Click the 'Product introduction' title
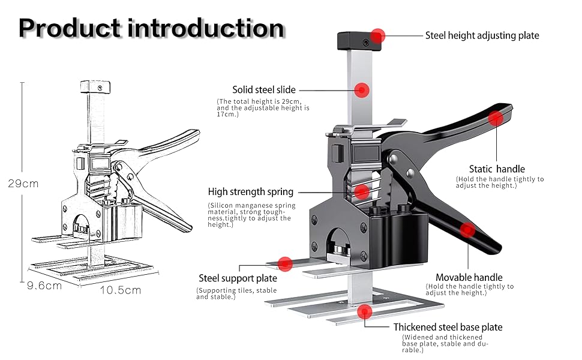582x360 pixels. pyautogui.click(x=151, y=28)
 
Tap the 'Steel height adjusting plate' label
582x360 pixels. pyautogui.click(x=482, y=35)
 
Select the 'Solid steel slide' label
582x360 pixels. pyautogui.click(x=264, y=90)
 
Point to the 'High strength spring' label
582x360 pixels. pyautogui.click(x=251, y=192)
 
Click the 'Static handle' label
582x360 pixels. pyautogui.click(x=497, y=169)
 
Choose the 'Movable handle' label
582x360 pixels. pyautogui.click(x=469, y=277)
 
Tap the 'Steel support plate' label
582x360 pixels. pyautogui.click(x=238, y=278)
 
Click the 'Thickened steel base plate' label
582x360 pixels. pyautogui.click(x=448, y=327)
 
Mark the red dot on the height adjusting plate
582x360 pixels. pyautogui.click(x=377, y=35)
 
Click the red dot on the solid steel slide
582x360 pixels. pyautogui.click(x=361, y=90)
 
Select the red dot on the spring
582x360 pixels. pyautogui.click(x=361, y=192)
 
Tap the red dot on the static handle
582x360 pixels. pyautogui.click(x=495, y=118)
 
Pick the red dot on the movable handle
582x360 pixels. pyautogui.click(x=467, y=229)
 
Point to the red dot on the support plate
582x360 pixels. pyautogui.click(x=285, y=263)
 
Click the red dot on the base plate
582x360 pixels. pyautogui.click(x=364, y=311)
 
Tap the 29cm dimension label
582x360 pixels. pyautogui.click(x=23, y=184)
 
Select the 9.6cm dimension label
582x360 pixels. pyautogui.click(x=44, y=286)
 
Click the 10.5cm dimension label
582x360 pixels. pyautogui.click(x=120, y=290)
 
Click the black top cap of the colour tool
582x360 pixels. pyautogui.click(x=356, y=40)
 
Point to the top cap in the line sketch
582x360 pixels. pyautogui.click(x=96, y=87)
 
